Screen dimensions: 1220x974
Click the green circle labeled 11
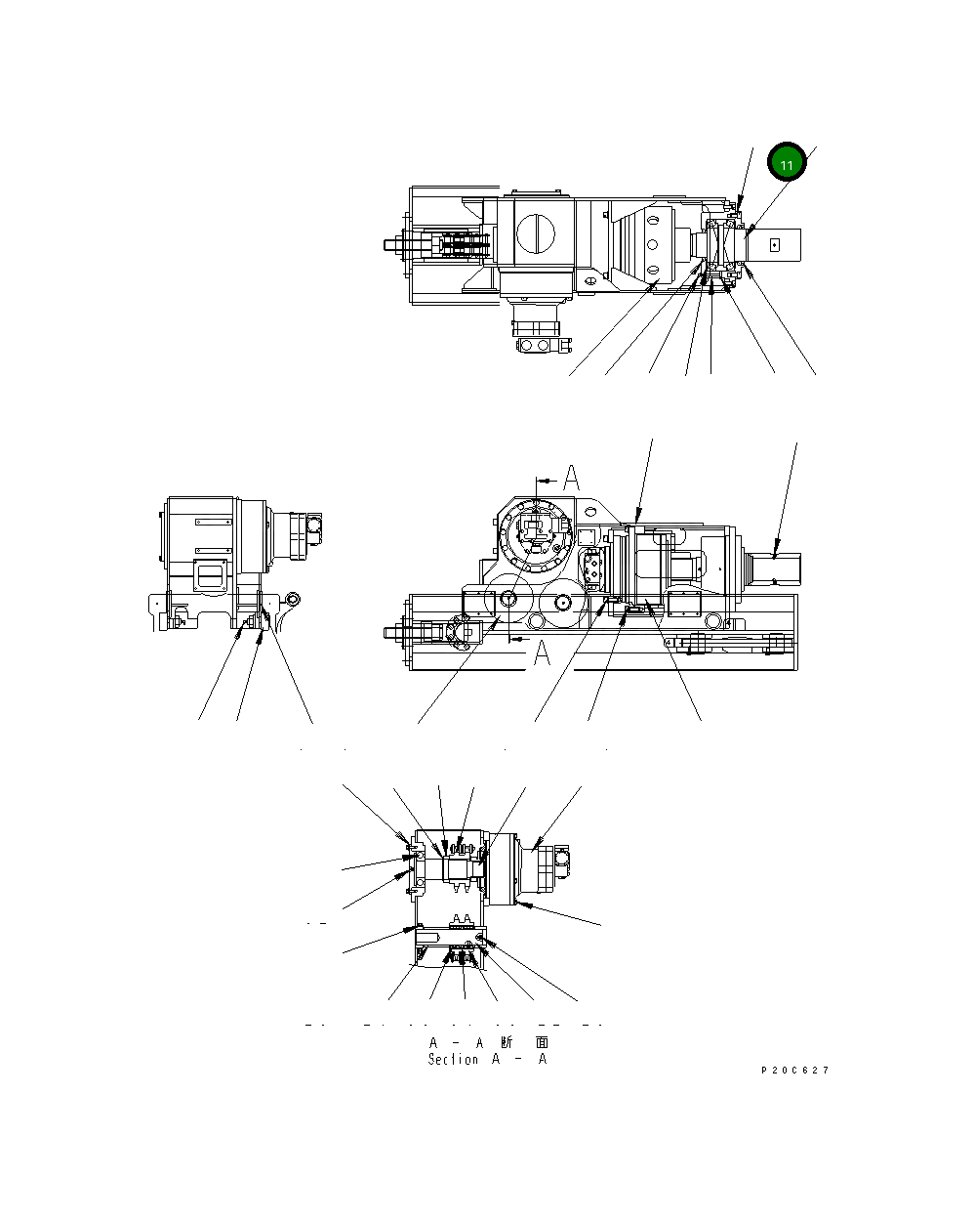pos(787,163)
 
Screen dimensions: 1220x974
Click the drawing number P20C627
pos(794,1071)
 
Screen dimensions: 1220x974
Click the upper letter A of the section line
pos(572,479)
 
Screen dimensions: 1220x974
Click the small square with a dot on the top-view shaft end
pos(777,245)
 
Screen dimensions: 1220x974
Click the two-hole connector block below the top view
pos(540,345)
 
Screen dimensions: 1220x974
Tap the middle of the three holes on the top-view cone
pos(651,245)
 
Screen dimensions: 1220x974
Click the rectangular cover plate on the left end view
pos(210,572)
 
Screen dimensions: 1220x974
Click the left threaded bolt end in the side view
pos(397,632)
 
